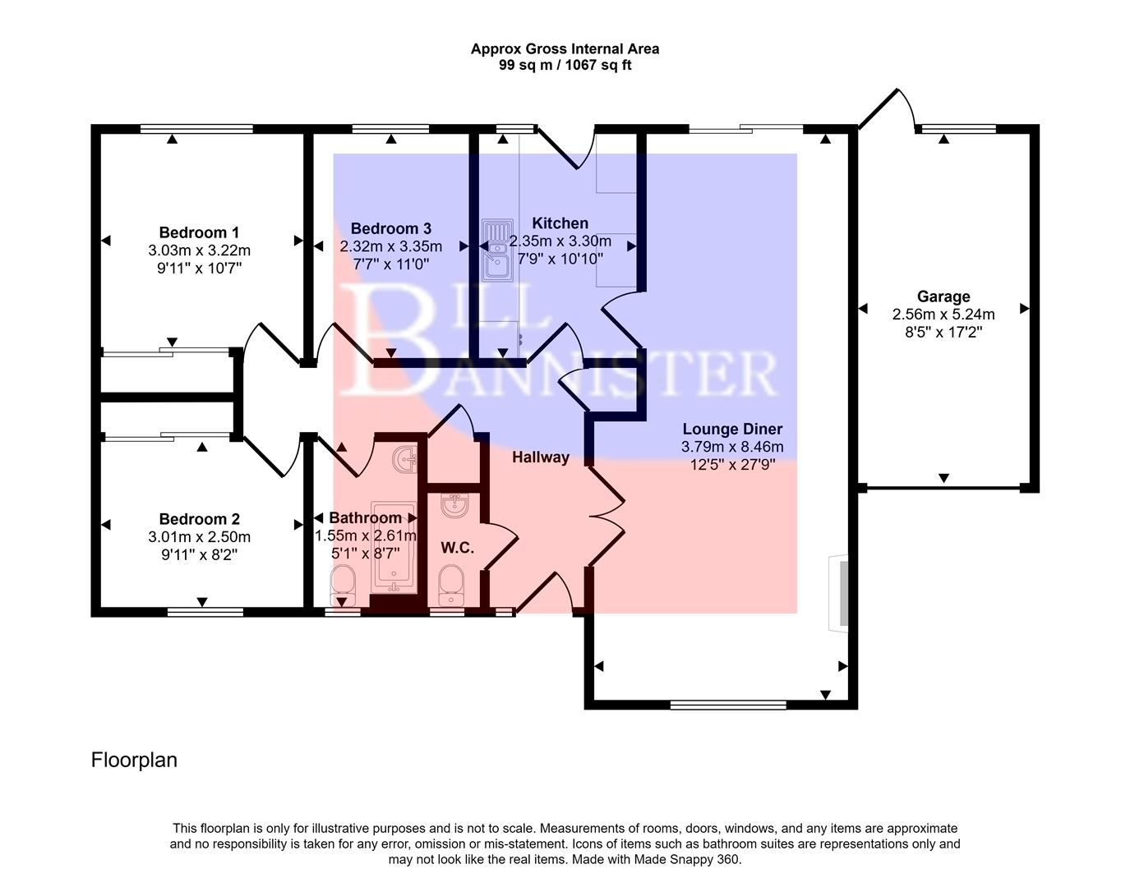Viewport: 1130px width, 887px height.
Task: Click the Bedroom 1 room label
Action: [x=199, y=232]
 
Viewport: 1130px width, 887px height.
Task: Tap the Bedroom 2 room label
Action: [x=199, y=519]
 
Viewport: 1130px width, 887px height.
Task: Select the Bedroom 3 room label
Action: [x=390, y=228]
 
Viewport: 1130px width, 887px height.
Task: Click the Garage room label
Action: [x=943, y=296]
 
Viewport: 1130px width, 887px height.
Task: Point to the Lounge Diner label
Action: [x=732, y=429]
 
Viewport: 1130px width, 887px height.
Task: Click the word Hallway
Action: [x=540, y=457]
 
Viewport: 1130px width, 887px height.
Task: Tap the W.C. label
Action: [x=457, y=548]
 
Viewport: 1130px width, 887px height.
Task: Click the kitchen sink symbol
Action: [x=497, y=249]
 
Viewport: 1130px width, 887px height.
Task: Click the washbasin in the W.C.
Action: [x=454, y=505]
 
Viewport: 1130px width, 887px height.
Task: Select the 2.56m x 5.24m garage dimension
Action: [x=943, y=315]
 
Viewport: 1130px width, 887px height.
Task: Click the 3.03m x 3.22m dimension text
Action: [x=199, y=250]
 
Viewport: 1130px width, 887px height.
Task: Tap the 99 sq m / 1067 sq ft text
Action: [x=565, y=65]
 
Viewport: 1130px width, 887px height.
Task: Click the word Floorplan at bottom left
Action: [x=134, y=760]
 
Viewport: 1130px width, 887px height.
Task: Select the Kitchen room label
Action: [x=560, y=223]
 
